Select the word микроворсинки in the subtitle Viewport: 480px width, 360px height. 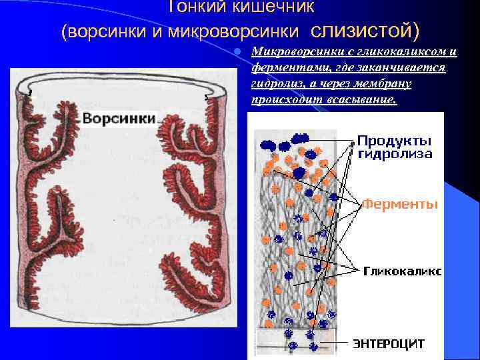click(x=253, y=31)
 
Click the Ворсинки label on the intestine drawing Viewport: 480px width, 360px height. click(x=119, y=118)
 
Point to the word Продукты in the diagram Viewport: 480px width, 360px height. click(x=393, y=141)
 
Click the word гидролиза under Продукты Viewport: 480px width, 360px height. click(x=394, y=153)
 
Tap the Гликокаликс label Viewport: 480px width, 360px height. click(x=402, y=271)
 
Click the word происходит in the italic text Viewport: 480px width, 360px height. click(x=283, y=100)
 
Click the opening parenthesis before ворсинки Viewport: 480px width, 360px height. click(x=64, y=31)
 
